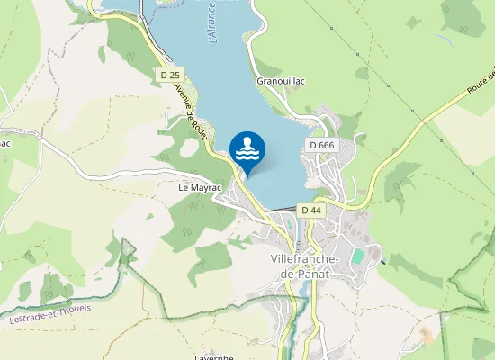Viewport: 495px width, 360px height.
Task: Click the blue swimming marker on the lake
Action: (247, 149)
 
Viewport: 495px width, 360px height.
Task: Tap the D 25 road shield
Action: (168, 74)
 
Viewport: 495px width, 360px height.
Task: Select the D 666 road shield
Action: (321, 145)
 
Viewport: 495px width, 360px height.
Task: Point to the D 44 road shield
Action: (311, 210)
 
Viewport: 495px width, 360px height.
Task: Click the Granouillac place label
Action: (281, 81)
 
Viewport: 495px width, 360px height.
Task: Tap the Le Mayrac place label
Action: (200, 188)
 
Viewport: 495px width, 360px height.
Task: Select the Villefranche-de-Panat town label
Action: (303, 265)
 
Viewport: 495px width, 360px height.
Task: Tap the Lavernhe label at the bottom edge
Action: (214, 356)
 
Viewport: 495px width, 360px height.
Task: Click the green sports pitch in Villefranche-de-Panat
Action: (357, 256)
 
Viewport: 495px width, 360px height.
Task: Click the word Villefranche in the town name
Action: (303, 259)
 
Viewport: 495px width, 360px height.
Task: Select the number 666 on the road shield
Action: (326, 145)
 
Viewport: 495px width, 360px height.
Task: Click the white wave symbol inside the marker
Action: (247, 153)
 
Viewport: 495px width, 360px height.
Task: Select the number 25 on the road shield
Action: (173, 74)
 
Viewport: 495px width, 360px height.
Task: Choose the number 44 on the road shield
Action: (316, 210)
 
